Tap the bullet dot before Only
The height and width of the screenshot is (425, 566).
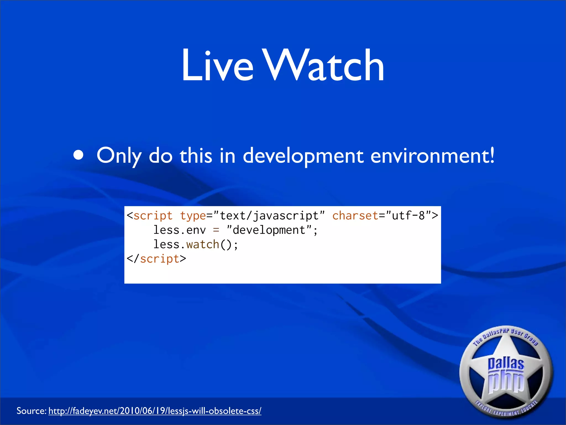click(78, 155)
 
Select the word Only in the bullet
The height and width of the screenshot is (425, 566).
click(119, 156)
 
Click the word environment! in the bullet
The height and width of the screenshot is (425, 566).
click(432, 156)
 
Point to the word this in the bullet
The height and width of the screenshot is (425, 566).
click(196, 156)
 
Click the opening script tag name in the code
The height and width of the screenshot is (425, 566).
click(153, 216)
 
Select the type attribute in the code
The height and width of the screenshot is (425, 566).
click(193, 216)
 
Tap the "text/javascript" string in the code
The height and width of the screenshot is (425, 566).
click(269, 216)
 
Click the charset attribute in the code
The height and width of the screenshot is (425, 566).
click(355, 216)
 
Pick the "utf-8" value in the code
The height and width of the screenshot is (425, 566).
click(408, 216)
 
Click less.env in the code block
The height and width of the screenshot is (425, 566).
click(180, 230)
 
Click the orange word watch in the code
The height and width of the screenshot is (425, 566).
click(203, 245)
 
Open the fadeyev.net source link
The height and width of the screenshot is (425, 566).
click(155, 411)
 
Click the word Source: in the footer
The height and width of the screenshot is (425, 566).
click(31, 411)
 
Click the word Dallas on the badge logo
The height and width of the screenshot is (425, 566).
click(506, 364)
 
